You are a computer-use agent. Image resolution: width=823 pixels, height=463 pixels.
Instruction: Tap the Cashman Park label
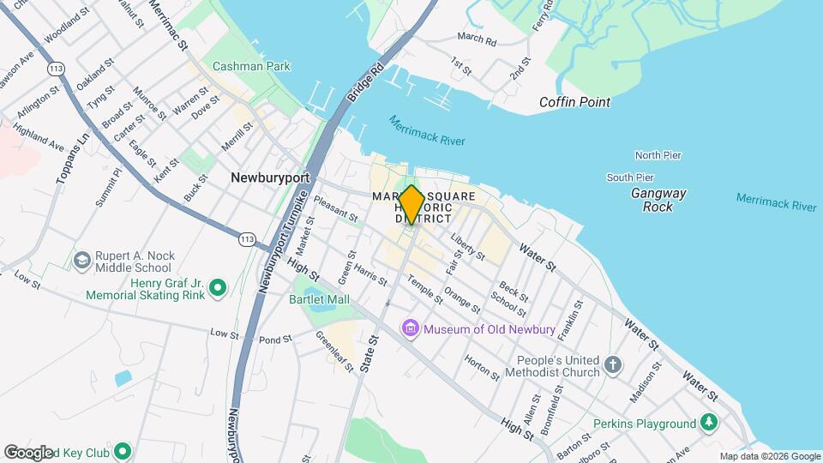(x=251, y=66)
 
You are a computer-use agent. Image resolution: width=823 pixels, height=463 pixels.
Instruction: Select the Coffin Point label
(x=574, y=102)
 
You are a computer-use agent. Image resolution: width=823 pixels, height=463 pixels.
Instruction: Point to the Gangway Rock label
(x=658, y=200)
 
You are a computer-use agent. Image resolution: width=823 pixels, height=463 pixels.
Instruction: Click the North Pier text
(x=658, y=155)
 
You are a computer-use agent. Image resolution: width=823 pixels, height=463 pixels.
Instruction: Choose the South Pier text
(x=631, y=177)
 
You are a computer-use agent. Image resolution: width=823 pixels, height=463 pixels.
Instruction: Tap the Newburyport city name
(x=268, y=177)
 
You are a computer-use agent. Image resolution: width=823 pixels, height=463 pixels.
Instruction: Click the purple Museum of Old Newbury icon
(x=411, y=328)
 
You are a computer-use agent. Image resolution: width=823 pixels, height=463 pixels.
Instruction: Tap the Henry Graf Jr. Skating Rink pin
(x=217, y=287)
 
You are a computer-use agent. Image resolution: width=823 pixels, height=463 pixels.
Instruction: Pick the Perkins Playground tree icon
(x=708, y=423)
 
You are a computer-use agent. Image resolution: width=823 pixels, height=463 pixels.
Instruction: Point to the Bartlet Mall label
(x=320, y=299)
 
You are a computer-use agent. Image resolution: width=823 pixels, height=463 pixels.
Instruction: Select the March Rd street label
(x=477, y=39)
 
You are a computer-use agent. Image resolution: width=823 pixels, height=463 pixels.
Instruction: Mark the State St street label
(x=373, y=352)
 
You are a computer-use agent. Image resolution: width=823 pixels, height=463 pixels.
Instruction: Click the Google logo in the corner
(x=28, y=453)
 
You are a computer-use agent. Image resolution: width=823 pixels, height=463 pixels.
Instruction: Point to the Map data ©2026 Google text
(x=769, y=456)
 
